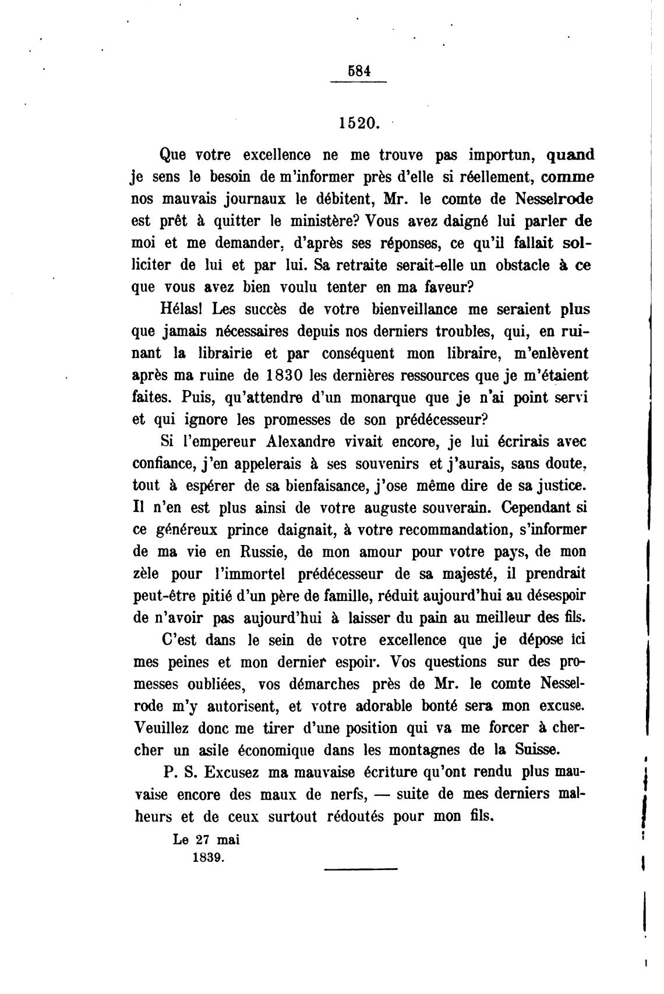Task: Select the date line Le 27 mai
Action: [207, 840]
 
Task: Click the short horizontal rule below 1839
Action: [360, 870]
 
